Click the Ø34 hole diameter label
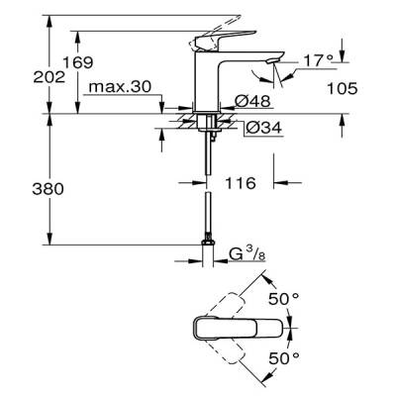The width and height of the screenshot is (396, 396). (256, 127)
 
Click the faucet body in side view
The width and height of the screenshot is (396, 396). (212, 79)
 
